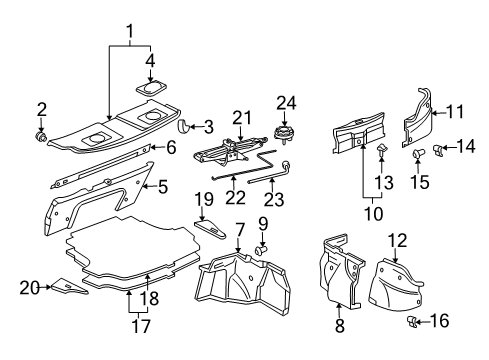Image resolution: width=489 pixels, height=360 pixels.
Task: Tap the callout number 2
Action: point(42,109)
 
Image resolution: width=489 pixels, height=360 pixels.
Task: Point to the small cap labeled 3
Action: point(182,126)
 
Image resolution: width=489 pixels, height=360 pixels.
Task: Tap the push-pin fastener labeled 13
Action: point(383,150)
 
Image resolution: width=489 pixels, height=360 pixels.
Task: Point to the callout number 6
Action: point(170,147)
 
